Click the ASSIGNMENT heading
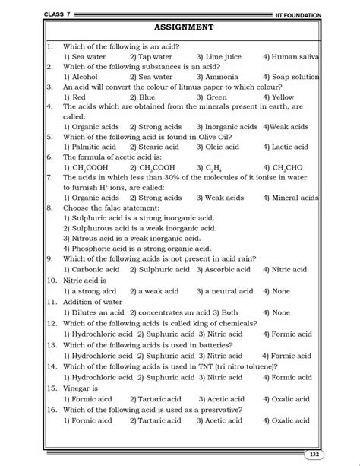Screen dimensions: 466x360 pos(183,28)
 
